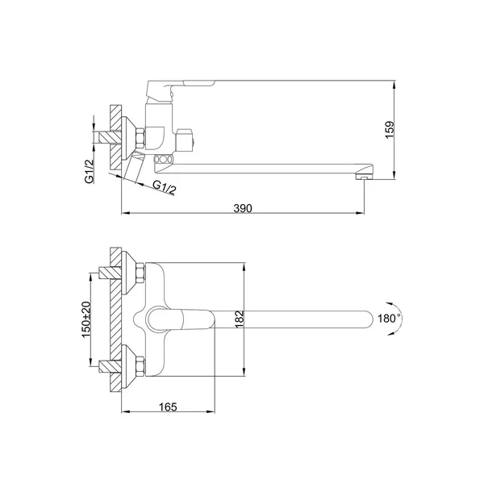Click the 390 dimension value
pyautogui.click(x=243, y=208)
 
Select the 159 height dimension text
pyautogui.click(x=390, y=130)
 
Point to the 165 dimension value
pyautogui.click(x=168, y=407)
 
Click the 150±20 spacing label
pyautogui.click(x=86, y=319)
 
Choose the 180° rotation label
pyautogui.click(x=390, y=319)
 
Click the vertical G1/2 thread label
pyautogui.click(x=90, y=172)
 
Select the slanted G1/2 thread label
pyautogui.click(x=165, y=187)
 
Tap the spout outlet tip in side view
pyautogui.click(x=365, y=177)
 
